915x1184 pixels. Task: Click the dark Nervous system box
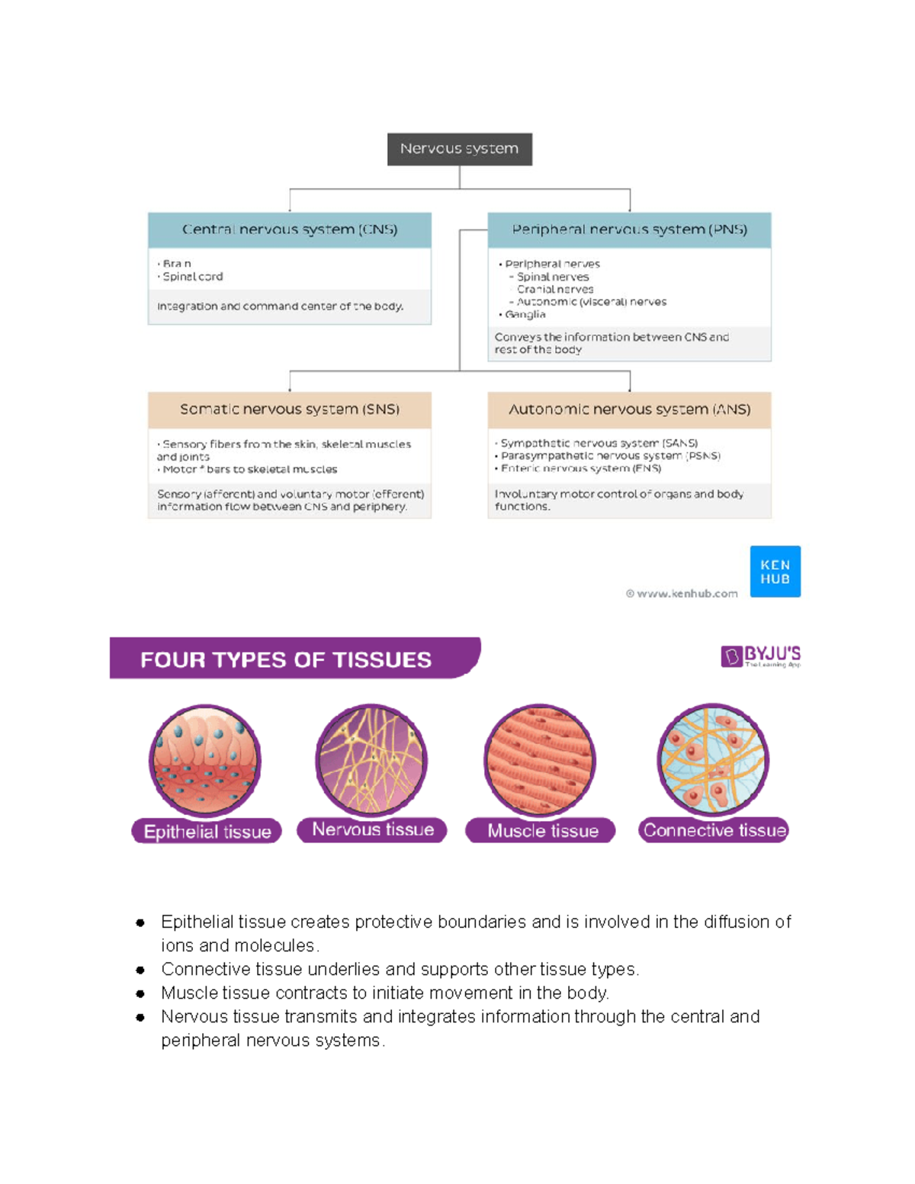[x=459, y=149]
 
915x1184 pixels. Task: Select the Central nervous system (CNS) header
[x=290, y=229]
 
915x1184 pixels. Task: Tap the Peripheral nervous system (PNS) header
[x=629, y=229]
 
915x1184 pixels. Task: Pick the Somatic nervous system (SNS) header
[x=290, y=409]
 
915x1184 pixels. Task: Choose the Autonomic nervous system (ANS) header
[x=629, y=409]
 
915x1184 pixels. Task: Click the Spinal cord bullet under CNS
[x=192, y=277]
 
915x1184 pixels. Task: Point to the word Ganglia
[x=525, y=314]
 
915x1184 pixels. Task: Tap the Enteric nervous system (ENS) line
[x=580, y=468]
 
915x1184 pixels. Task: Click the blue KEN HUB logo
[x=775, y=571]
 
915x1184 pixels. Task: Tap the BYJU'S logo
[x=760, y=656]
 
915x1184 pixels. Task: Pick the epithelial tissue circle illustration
[x=205, y=760]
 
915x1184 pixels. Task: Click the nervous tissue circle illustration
[x=371, y=759]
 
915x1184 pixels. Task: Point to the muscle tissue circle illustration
[x=540, y=759]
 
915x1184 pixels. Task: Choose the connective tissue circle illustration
[x=713, y=759]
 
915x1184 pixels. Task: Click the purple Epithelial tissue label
[x=207, y=831]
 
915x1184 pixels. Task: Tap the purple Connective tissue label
[x=714, y=830]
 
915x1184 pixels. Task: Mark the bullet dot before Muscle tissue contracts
[x=140, y=993]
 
